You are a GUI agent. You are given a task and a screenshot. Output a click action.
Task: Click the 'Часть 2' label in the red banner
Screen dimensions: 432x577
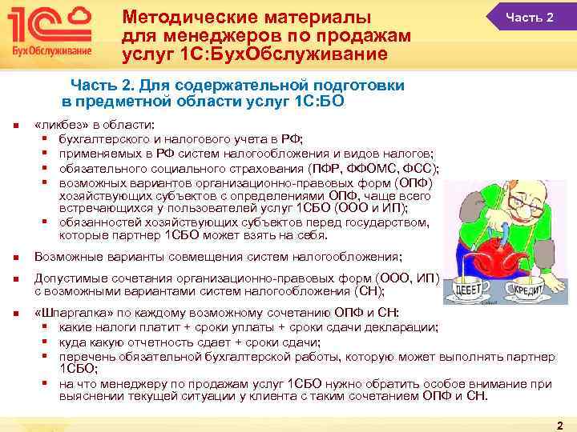[529, 18]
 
